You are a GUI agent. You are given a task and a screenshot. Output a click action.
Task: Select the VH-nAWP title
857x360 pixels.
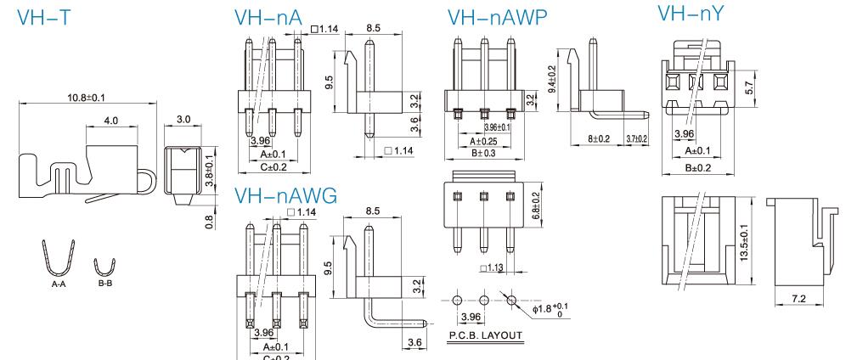497,17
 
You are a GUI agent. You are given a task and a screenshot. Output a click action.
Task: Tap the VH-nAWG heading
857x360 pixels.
285,196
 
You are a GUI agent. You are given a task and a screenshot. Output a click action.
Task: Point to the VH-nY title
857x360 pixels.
692,14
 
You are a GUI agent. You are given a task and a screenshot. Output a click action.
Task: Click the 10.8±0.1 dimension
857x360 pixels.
86,98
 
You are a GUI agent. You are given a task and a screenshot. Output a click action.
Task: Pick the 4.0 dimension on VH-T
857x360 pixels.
110,121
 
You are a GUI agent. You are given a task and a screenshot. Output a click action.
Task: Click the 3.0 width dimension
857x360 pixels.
183,120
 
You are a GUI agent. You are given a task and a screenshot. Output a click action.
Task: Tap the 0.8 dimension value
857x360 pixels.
209,220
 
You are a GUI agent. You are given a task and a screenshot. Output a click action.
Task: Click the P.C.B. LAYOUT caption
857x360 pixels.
486,335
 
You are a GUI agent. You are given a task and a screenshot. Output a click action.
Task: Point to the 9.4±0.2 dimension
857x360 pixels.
551,81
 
